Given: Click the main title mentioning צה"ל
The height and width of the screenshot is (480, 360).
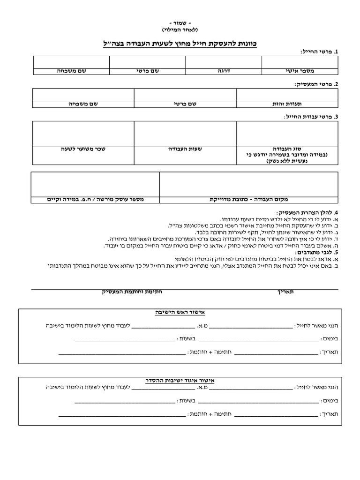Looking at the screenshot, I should point(180,44).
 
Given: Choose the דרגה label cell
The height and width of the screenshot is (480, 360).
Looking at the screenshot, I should point(224,71).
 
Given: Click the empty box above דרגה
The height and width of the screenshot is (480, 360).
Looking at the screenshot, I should point(224,62).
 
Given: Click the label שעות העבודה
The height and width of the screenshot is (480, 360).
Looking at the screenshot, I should point(185,149).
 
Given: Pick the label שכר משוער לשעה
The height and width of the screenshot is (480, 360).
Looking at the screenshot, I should point(83,149).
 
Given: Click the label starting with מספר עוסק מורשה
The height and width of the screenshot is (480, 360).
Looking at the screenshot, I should point(95,200).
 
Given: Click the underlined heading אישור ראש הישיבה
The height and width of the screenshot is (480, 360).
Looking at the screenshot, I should point(180,312).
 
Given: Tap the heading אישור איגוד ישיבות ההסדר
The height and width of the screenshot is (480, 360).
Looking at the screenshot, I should point(180,381).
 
